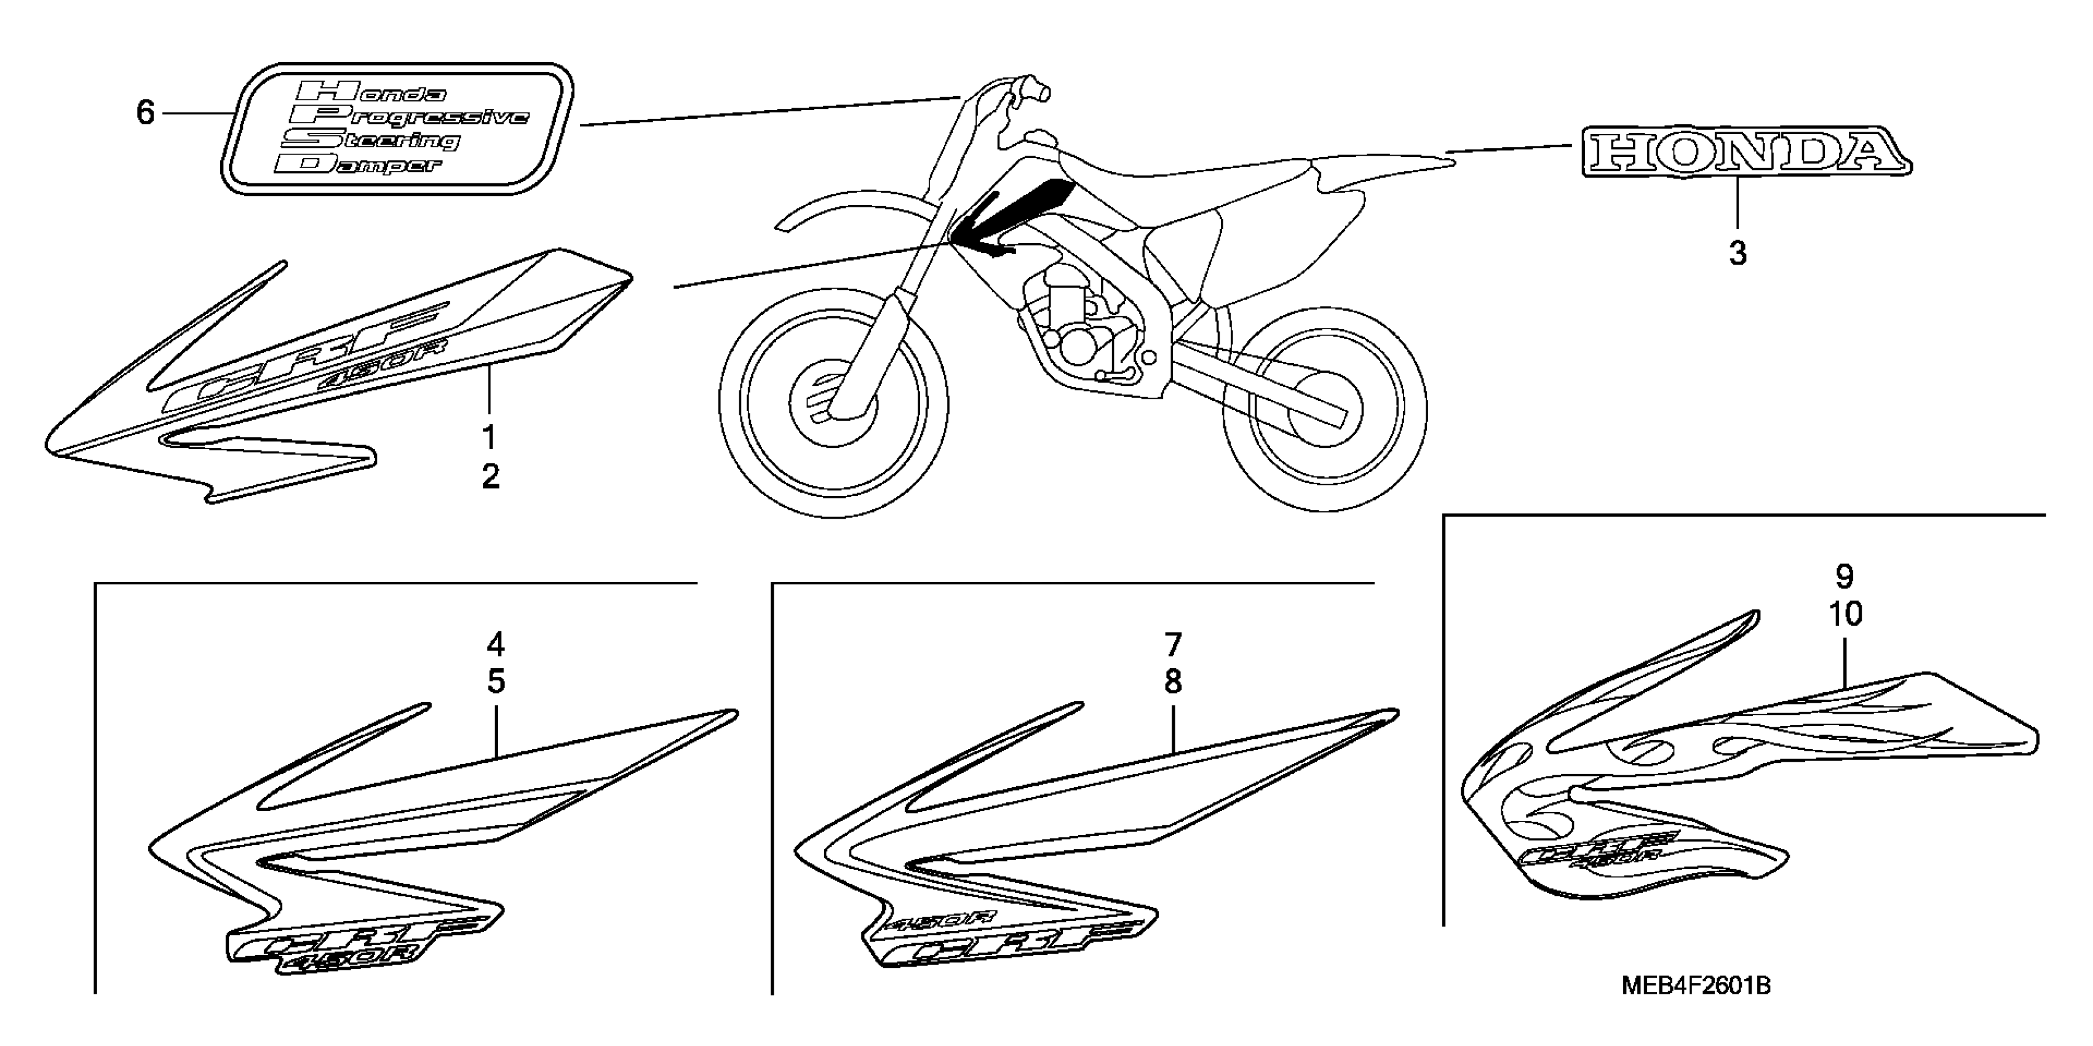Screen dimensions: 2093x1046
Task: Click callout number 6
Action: (145, 113)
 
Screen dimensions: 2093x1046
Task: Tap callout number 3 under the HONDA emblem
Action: (1737, 254)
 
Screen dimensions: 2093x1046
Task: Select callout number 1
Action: (489, 438)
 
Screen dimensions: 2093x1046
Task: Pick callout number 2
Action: (490, 477)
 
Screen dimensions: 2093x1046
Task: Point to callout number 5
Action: (496, 682)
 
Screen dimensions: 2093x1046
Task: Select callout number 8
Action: (1172, 682)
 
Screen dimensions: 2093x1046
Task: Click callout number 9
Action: (1845, 577)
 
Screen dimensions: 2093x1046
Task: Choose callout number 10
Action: (1845, 615)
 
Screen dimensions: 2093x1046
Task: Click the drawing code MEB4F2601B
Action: (1696, 986)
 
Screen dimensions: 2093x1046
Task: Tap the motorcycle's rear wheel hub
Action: (1324, 410)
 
